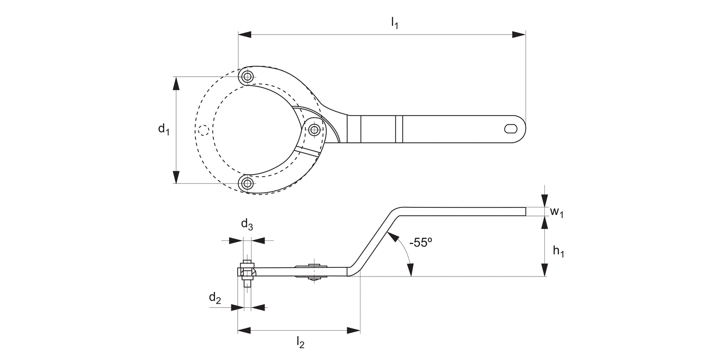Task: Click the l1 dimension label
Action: point(394,23)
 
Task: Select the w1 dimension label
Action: point(556,212)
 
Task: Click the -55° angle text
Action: point(421,243)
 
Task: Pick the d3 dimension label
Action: point(247,224)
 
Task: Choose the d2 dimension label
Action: point(215,298)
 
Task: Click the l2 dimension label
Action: point(300,342)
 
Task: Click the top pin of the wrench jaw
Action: point(248,76)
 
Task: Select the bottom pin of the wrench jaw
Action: point(248,183)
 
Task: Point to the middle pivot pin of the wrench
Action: point(314,129)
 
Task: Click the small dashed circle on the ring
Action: point(204,130)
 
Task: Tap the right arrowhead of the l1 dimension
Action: point(519,35)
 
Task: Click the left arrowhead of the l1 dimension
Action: point(245,35)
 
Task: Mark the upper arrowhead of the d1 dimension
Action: point(176,83)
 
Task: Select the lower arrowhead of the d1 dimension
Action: point(176,177)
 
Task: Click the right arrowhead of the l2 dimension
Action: point(354,330)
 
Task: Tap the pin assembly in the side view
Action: point(247,274)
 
